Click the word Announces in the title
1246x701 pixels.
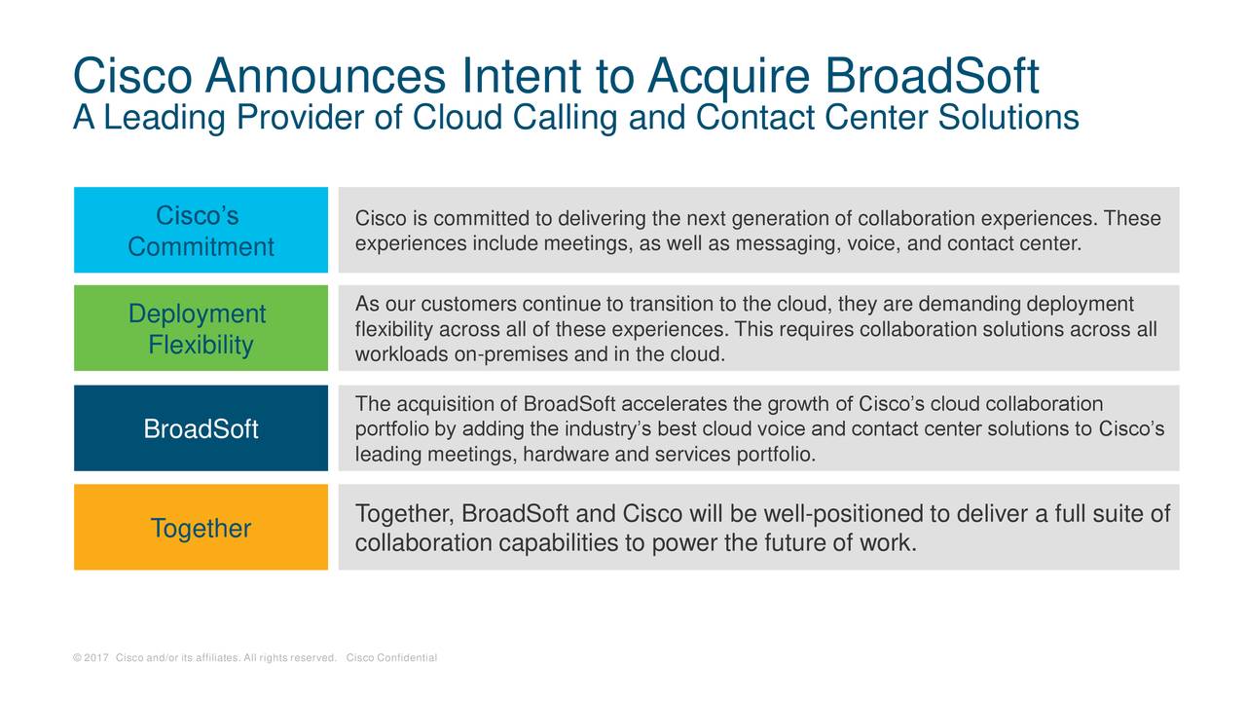click(x=325, y=76)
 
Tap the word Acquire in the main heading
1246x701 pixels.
click(x=729, y=78)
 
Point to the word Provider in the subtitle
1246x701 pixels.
click(x=300, y=118)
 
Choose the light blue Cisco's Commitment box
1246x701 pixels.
click(x=201, y=230)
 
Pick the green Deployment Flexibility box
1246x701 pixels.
click(x=201, y=328)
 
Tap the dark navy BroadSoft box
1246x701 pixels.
click(x=201, y=427)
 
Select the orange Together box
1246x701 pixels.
click(x=201, y=527)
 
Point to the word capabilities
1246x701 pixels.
click(x=558, y=543)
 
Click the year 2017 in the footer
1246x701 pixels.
click(x=96, y=657)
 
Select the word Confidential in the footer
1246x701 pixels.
click(x=407, y=657)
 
